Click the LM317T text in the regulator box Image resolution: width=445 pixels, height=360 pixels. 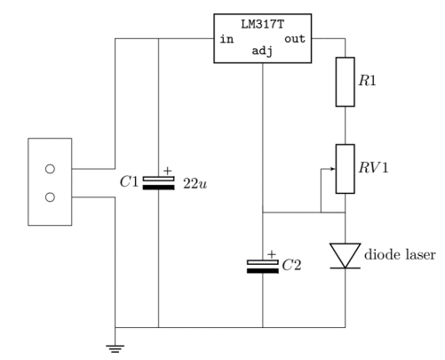[263, 24]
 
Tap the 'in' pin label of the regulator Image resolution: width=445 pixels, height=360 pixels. [226, 39]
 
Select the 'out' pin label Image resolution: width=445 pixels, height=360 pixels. [295, 39]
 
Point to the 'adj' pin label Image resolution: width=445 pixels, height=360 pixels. [262, 51]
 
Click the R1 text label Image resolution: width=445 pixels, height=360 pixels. [367, 81]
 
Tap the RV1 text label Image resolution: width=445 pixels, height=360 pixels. [373, 168]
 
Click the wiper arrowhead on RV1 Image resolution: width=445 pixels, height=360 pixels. [333, 169]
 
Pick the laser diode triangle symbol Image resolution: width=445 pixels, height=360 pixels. [346, 255]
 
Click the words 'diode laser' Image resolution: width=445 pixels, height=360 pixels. [400, 255]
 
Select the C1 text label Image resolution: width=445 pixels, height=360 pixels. [129, 181]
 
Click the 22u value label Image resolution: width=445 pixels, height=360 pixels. [195, 184]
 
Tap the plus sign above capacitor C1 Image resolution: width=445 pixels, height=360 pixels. [168, 171]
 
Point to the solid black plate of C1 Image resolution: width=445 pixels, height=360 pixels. [159, 188]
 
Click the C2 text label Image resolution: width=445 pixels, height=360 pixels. [291, 265]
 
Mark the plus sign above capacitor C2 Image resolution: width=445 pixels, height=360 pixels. [272, 254]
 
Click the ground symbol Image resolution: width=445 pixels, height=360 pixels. [115, 348]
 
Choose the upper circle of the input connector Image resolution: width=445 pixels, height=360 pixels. [50, 169]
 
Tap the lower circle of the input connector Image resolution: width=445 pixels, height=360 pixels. [50, 197]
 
